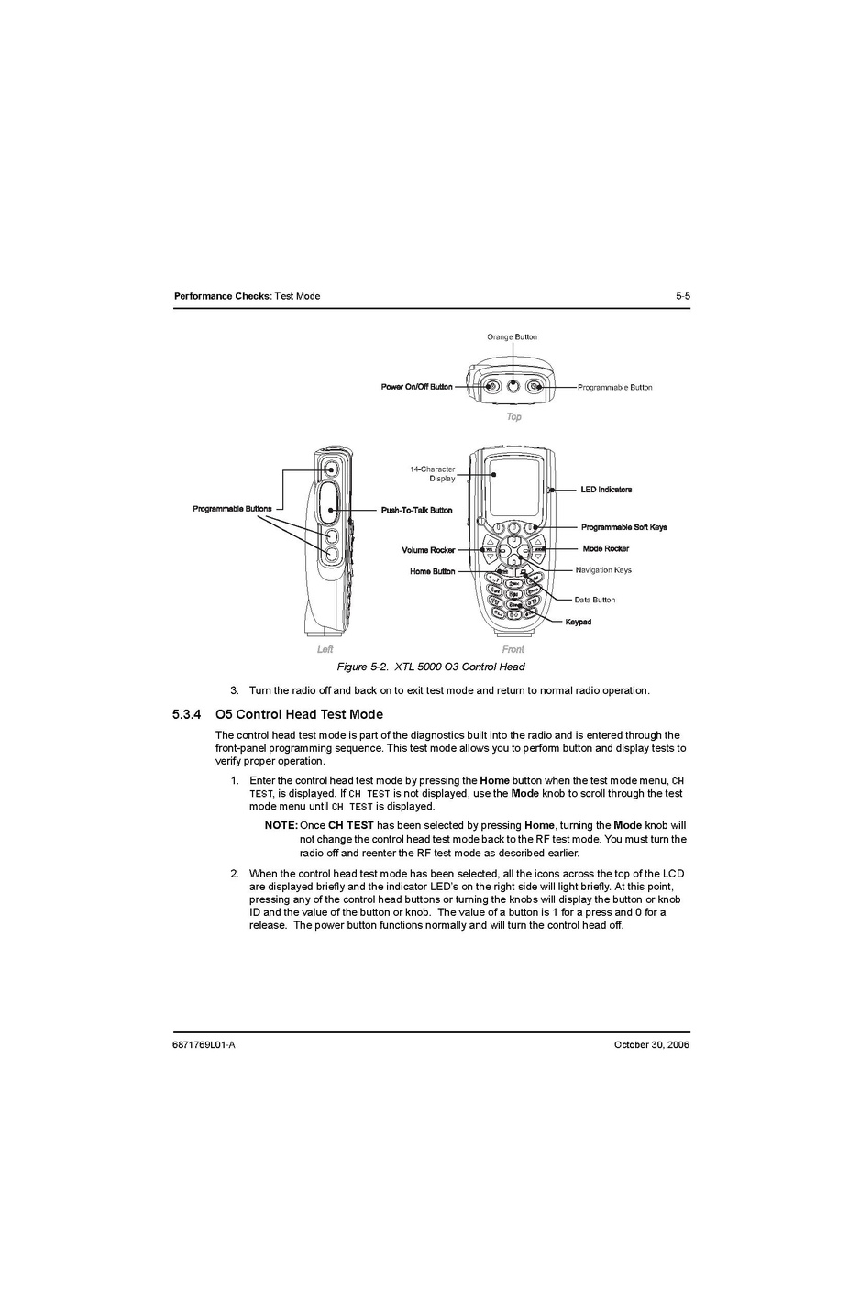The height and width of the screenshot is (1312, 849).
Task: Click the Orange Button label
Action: point(512,336)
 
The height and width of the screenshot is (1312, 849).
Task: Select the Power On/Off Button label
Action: point(416,387)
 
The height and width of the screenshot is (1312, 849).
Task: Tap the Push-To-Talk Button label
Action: point(416,510)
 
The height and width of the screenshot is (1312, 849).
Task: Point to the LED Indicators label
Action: point(606,490)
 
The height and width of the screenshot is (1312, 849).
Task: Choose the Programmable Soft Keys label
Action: point(623,527)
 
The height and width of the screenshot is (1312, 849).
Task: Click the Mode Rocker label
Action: point(606,548)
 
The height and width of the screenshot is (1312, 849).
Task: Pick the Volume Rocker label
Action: point(428,550)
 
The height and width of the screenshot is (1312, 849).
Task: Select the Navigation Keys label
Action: point(603,570)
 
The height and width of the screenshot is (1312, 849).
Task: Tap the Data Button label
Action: point(595,600)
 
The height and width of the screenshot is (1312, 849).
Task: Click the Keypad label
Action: point(579,622)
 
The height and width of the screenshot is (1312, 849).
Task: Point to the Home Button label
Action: point(432,571)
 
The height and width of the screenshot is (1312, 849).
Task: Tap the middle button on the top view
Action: point(513,386)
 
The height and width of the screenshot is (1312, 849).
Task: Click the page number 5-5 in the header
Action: point(682,296)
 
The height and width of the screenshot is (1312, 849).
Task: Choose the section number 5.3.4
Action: point(186,714)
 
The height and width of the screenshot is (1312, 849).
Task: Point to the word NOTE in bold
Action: point(281,825)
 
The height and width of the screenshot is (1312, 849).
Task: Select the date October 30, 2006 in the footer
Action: point(651,1044)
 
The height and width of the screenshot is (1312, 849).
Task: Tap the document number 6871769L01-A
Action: point(204,1044)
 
